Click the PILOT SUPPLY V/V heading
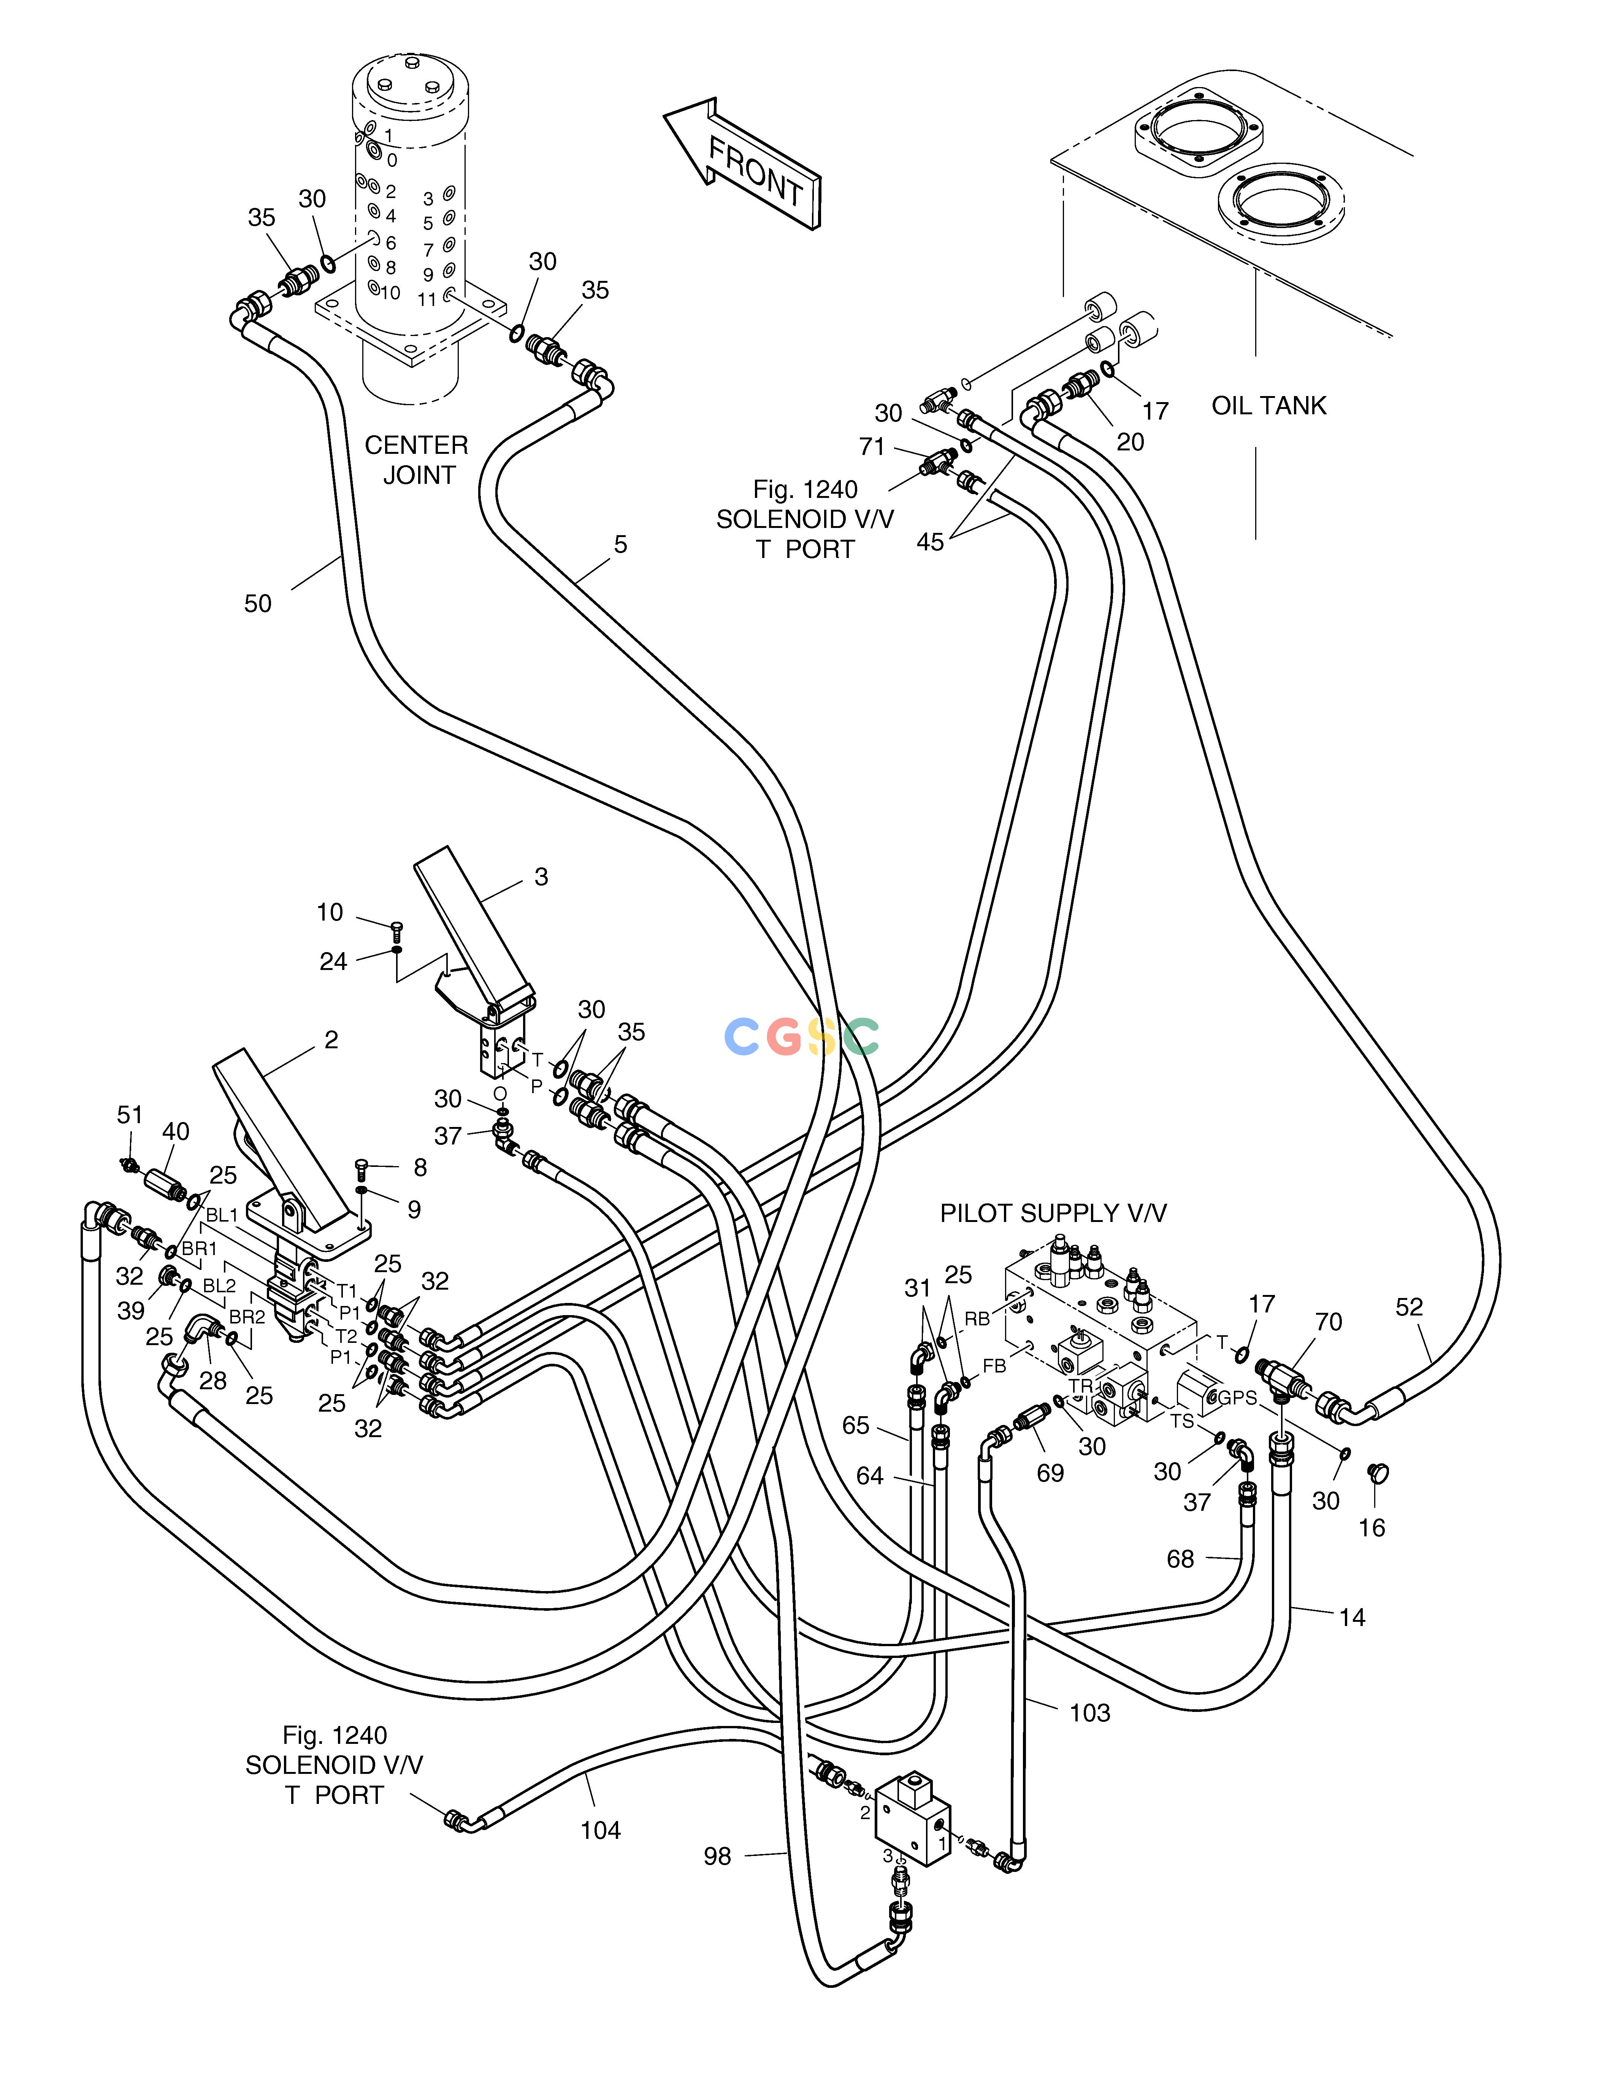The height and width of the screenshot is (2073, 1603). click(x=1053, y=1213)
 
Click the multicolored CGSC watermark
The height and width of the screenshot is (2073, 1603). click(x=802, y=1036)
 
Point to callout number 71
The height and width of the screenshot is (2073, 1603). click(x=871, y=446)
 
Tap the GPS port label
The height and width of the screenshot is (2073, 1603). click(x=1238, y=1397)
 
